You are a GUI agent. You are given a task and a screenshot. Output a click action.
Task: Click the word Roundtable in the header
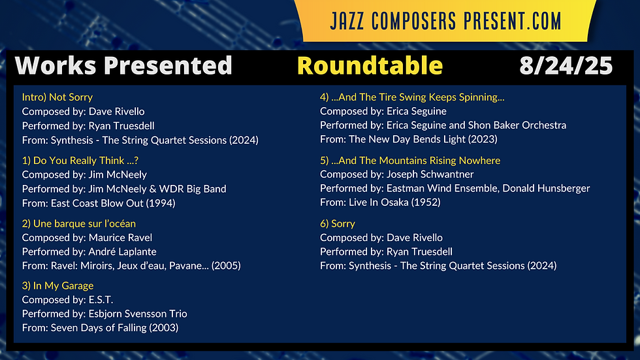(370, 66)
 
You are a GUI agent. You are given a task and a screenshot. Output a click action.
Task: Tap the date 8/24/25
(566, 66)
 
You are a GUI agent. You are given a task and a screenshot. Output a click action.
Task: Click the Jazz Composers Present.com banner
(445, 21)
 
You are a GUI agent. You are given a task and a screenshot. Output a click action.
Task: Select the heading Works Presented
(123, 66)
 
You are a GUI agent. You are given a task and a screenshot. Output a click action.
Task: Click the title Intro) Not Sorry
(57, 97)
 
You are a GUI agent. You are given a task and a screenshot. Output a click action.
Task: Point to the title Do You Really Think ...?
(80, 161)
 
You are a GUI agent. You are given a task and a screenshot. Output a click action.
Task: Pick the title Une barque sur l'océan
(79, 223)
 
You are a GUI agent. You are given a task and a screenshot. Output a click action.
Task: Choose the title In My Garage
(57, 286)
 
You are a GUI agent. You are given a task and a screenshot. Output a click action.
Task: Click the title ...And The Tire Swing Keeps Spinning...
(412, 97)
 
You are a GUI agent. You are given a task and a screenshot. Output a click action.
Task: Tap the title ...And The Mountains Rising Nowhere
(410, 161)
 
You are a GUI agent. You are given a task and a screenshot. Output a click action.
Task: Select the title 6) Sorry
(338, 223)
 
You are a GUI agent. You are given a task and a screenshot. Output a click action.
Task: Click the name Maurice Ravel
(120, 238)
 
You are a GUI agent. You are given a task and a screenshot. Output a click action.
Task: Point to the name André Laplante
(123, 252)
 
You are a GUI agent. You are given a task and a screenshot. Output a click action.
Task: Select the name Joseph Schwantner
(430, 174)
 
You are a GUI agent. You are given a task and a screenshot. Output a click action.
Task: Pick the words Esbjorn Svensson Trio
(138, 314)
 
